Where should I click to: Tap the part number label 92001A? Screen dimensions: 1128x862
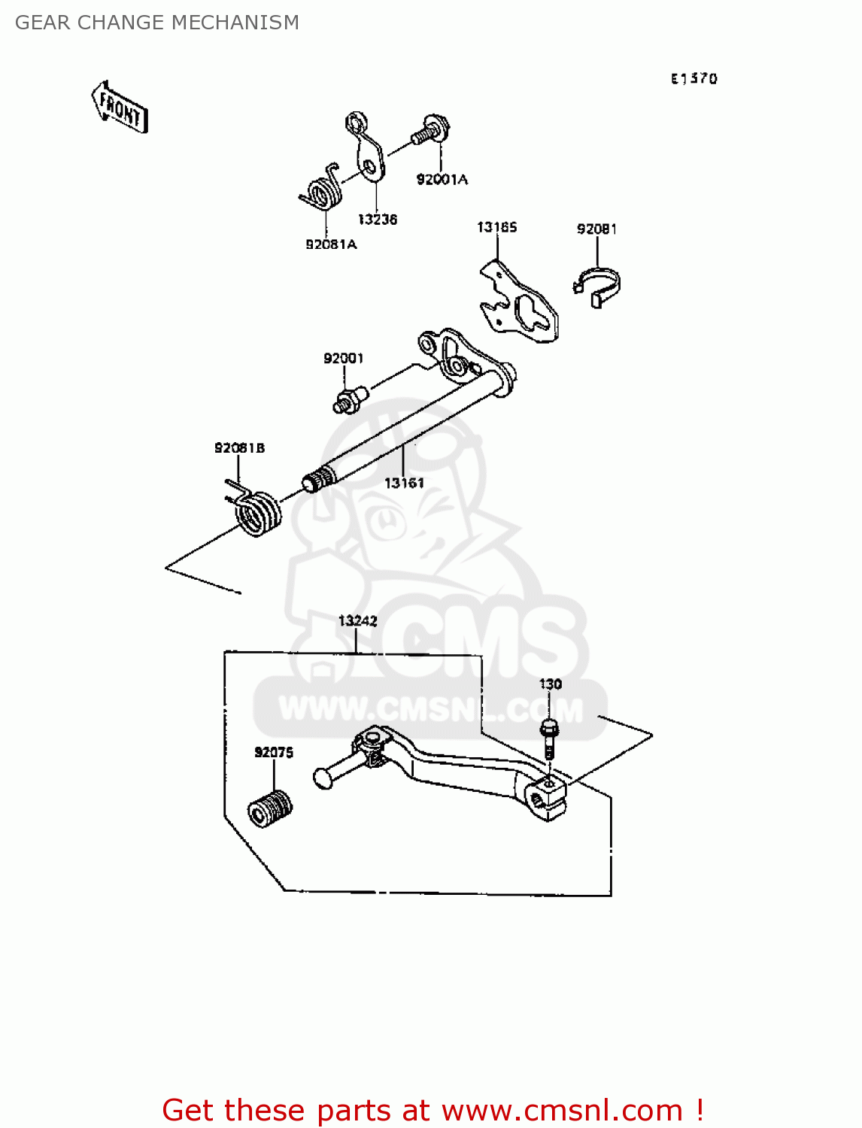442,179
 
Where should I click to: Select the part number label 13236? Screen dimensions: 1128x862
377,220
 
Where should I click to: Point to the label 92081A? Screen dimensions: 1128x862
330,244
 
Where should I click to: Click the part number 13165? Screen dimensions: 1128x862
496,227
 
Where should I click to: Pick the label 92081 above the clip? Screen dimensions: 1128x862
596,229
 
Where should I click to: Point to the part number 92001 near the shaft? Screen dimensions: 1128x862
343,359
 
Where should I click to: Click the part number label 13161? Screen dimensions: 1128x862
404,483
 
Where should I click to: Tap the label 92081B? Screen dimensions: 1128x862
239,448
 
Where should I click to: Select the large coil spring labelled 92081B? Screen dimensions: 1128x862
257,513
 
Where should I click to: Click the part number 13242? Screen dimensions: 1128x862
357,621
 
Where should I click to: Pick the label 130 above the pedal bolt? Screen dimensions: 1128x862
550,684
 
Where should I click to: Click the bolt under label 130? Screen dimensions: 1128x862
549,738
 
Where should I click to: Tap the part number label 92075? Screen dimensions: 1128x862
273,753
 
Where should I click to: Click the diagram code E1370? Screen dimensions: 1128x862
694,78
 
